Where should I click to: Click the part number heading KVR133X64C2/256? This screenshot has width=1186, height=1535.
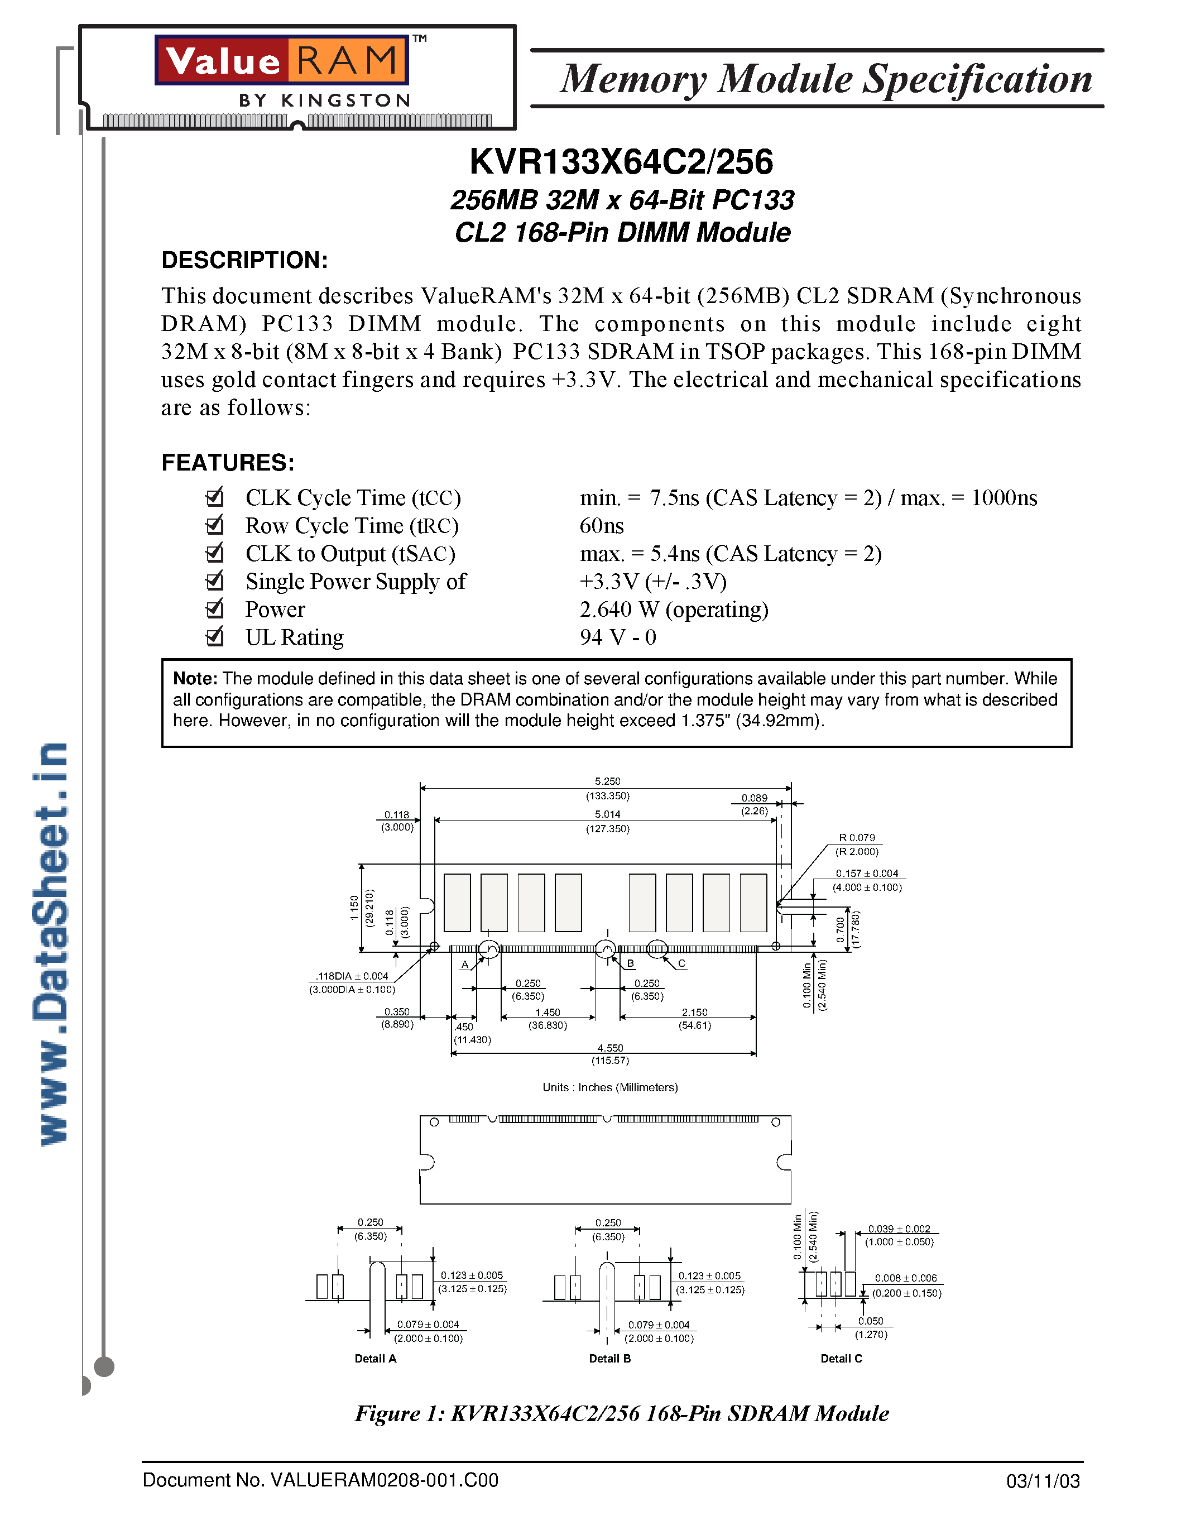pyautogui.click(x=621, y=162)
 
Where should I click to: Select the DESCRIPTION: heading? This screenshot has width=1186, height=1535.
pyautogui.click(x=244, y=260)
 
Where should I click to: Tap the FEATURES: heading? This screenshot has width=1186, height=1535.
pyautogui.click(x=228, y=463)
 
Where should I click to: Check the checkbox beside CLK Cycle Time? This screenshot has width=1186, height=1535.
pyautogui.click(x=214, y=497)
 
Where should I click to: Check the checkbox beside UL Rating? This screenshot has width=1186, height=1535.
pyautogui.click(x=214, y=637)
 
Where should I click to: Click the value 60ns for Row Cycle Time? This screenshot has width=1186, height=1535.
pyautogui.click(x=602, y=526)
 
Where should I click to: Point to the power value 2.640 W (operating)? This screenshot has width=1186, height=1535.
pyautogui.click(x=674, y=610)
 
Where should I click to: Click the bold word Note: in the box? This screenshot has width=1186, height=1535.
pyautogui.click(x=196, y=679)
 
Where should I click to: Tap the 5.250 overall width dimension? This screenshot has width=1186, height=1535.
pyautogui.click(x=607, y=781)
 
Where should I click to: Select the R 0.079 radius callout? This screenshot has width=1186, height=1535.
pyautogui.click(x=857, y=838)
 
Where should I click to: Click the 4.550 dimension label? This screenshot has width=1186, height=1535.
pyautogui.click(x=610, y=1048)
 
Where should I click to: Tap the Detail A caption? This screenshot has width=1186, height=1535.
pyautogui.click(x=375, y=1359)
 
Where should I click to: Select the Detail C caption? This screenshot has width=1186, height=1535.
pyautogui.click(x=841, y=1359)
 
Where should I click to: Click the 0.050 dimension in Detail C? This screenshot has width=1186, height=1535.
pyautogui.click(x=871, y=1321)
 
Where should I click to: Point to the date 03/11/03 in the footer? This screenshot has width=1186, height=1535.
pyautogui.click(x=1043, y=1481)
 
